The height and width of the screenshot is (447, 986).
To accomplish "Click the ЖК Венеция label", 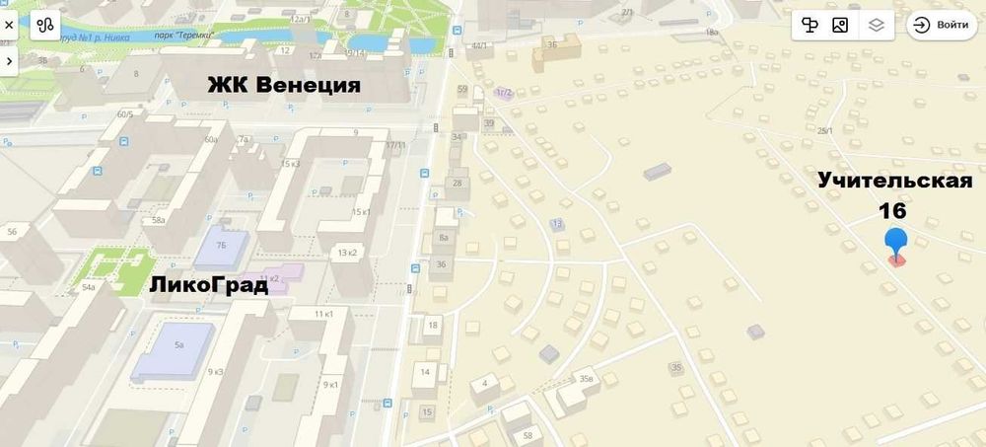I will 283,85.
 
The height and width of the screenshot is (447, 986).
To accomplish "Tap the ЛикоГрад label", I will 209,286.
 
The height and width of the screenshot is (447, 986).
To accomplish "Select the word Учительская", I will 894,181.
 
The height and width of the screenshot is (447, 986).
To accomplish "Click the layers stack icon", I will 877,26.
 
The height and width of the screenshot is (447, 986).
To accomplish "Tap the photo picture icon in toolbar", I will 840,26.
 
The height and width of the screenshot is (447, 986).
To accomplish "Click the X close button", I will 9,26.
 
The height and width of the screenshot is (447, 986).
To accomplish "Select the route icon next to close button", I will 45,26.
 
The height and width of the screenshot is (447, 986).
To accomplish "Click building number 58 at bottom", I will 528,435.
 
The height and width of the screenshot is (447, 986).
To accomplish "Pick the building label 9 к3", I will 215,371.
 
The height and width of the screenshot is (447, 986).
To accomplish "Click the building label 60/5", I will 125,113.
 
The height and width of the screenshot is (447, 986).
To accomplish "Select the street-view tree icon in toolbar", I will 810,26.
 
